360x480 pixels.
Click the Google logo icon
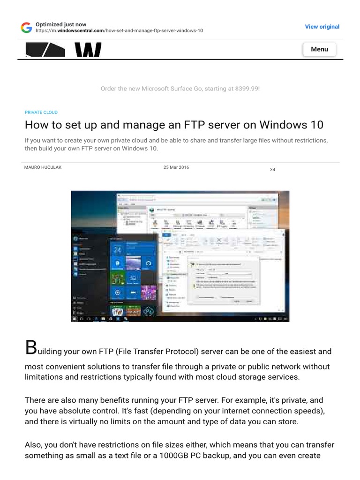(27, 27)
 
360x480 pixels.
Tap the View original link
(322, 27)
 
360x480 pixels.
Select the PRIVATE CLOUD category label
(41, 112)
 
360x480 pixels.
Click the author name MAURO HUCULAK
(43, 167)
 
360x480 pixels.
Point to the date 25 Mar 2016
(176, 167)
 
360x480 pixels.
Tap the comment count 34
(272, 169)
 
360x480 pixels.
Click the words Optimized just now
(64, 24)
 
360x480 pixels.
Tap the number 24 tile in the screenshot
(118, 250)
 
